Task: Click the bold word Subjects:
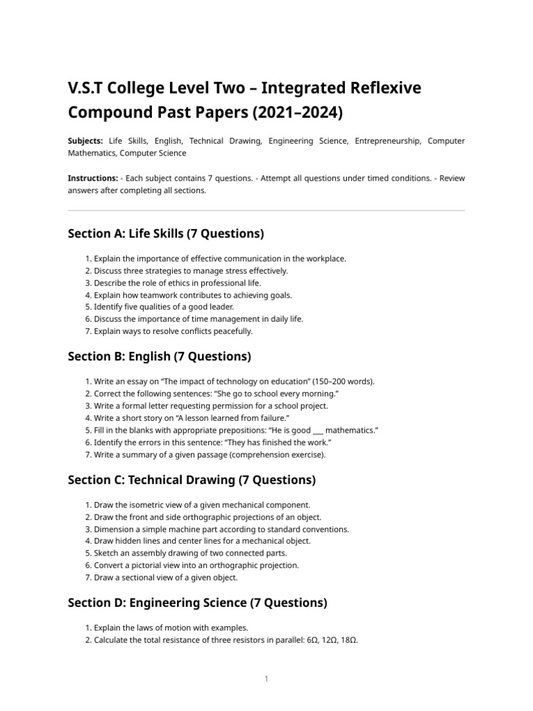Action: (x=85, y=141)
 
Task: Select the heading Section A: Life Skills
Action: (x=166, y=234)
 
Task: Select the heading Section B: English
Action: (x=159, y=356)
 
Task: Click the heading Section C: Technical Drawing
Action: (x=192, y=479)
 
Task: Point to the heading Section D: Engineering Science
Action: (x=197, y=602)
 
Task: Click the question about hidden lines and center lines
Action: (x=201, y=540)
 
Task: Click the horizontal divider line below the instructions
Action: (x=266, y=210)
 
